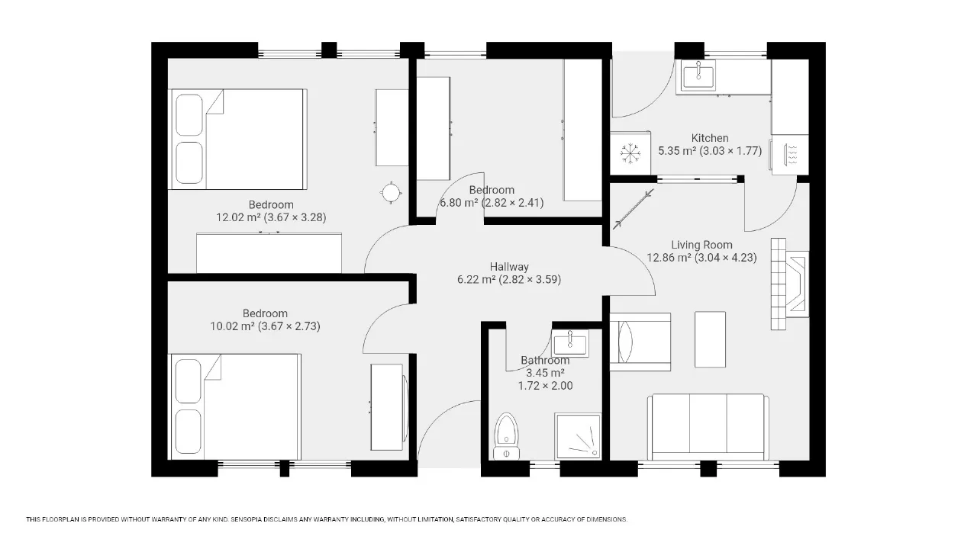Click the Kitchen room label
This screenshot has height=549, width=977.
click(x=710, y=138)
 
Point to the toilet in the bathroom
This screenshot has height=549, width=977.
click(x=506, y=436)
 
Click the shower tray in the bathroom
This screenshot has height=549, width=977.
click(x=578, y=436)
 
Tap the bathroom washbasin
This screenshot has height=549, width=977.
click(x=570, y=343)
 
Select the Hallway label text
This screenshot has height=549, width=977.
click(x=509, y=267)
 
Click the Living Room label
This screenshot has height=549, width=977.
click(x=701, y=245)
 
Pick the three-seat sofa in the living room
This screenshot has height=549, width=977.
click(x=708, y=427)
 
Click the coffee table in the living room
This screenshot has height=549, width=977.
click(x=710, y=339)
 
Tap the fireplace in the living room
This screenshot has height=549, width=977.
click(x=790, y=284)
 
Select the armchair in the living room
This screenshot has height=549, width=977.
click(x=640, y=342)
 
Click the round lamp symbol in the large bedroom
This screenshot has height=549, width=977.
click(x=391, y=192)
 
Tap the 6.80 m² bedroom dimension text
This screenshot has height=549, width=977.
click(x=492, y=203)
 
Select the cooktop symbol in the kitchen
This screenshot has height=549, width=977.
click(x=790, y=155)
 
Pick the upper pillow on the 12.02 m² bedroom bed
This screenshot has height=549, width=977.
click(x=189, y=115)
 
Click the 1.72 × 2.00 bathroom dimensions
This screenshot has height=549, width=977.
click(x=545, y=386)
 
